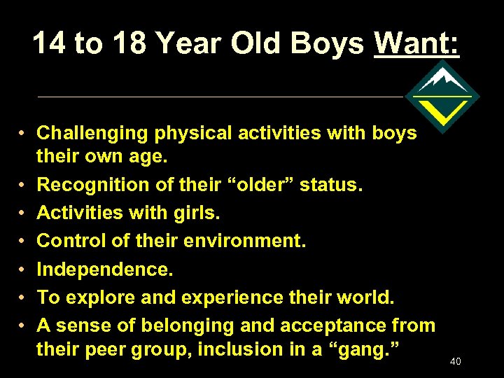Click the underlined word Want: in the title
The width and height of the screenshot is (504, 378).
click(417, 43)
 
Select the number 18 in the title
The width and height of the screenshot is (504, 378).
click(128, 43)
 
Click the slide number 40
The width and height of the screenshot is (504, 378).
click(456, 361)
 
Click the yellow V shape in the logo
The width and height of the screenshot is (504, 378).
click(442, 110)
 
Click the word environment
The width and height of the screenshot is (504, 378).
click(246, 241)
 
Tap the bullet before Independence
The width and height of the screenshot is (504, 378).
click(23, 269)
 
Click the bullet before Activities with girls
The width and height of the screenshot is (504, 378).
click(23, 213)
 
